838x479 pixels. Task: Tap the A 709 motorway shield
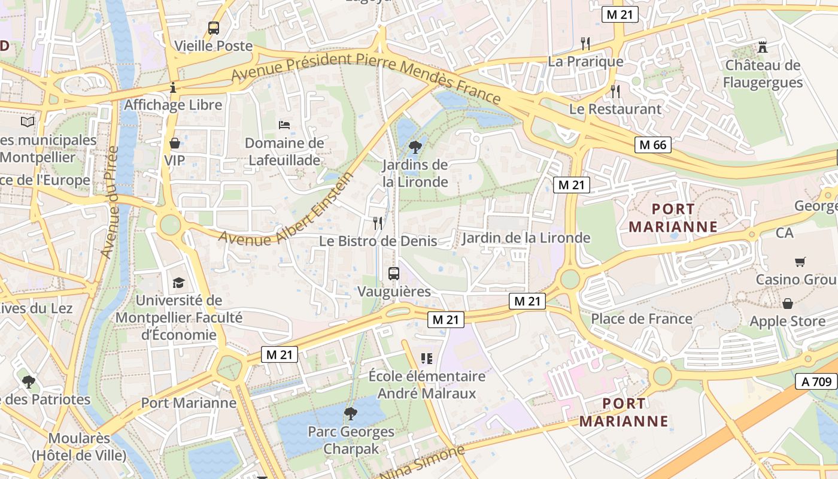pos(816,381)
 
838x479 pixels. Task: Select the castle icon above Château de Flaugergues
pos(762,47)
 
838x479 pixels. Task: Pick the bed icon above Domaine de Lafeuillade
pos(285,125)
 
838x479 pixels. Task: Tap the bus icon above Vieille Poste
pos(214,28)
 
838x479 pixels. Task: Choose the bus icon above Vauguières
pos(393,274)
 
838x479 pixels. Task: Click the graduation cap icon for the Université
pos(178,283)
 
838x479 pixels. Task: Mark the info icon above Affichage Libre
pos(173,87)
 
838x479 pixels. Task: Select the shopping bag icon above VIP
pos(175,143)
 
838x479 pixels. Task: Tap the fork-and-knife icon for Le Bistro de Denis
pos(378,223)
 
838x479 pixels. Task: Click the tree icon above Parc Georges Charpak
pos(351,413)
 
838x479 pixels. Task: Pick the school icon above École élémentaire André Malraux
pos(426,359)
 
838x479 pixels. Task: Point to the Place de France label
pos(642,319)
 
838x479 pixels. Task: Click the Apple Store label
pos(787,322)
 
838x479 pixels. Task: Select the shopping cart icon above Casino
pos(800,262)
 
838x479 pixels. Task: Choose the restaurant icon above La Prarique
pos(585,43)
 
